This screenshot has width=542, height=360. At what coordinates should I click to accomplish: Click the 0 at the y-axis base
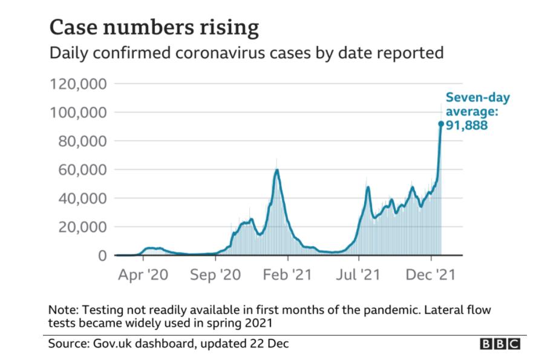103,255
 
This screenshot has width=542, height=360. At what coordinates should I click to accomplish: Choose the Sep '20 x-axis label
215,275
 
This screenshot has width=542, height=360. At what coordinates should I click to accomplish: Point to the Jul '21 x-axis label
361,275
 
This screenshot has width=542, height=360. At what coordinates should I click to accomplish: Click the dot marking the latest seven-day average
440,124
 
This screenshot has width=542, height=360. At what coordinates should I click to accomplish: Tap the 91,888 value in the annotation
467,126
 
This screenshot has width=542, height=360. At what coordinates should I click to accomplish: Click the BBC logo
500,344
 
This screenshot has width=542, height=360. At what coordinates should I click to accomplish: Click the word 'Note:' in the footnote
64,310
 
